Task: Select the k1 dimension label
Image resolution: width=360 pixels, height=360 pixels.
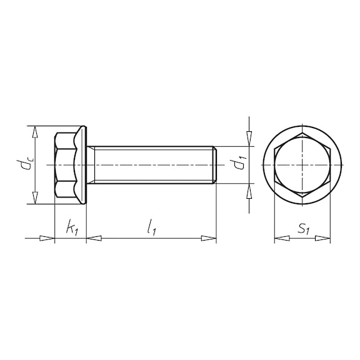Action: coord(72,227)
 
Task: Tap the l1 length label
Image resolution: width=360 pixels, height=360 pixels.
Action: coord(152,227)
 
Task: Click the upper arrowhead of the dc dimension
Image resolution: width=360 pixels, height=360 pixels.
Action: coord(34,132)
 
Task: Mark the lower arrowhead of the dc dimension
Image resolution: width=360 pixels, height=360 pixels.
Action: coord(34,198)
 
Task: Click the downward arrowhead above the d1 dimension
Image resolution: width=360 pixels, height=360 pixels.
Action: coord(249,139)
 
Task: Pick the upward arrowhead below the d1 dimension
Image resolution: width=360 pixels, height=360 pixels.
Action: coord(249,191)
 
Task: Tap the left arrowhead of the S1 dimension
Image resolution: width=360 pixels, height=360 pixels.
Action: coord(282,238)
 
